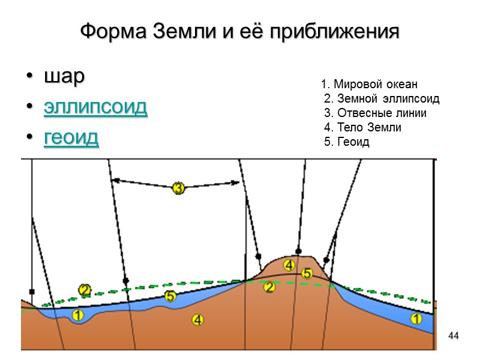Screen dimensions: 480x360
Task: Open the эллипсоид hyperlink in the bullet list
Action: click(95, 108)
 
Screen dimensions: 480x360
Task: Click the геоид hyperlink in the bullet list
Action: click(71, 138)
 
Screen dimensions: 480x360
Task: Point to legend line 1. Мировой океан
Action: click(369, 84)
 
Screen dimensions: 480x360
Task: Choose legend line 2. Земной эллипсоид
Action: click(381, 98)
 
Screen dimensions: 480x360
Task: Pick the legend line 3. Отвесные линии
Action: click(375, 113)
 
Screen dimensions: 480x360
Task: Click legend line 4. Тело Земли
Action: click(362, 127)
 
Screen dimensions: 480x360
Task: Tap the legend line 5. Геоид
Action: click(347, 142)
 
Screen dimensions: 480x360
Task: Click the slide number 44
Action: click(454, 335)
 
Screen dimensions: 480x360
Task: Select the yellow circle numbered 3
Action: click(178, 188)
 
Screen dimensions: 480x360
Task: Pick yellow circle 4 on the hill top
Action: click(289, 265)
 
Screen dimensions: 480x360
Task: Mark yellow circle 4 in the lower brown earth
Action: click(198, 320)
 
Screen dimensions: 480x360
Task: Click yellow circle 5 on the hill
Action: click(307, 273)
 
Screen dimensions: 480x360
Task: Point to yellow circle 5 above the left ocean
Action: click(170, 296)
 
